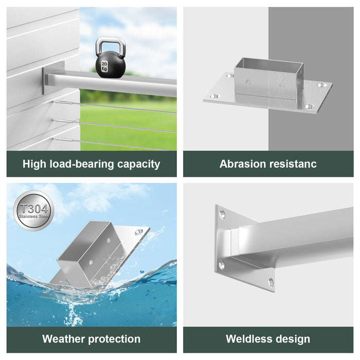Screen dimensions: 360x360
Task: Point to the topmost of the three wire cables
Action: click(118, 107)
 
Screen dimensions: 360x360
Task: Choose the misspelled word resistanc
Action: click(293, 165)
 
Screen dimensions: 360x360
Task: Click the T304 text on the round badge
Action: click(33, 208)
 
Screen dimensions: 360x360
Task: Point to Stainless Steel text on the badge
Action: click(33, 217)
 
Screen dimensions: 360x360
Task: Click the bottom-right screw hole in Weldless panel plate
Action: click(271, 282)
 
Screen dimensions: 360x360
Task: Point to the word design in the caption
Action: click(293, 339)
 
